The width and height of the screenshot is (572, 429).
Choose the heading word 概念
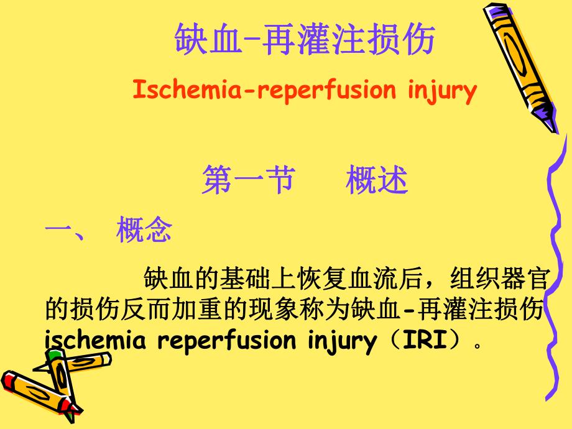coord(144,231)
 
